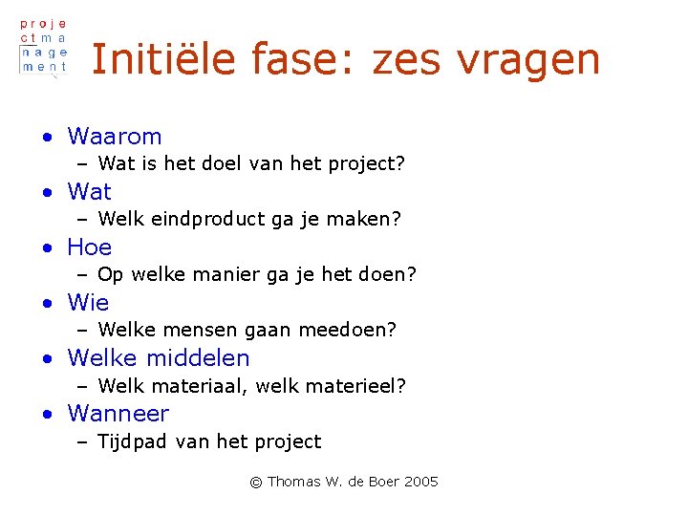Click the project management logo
44,46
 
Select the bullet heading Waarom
115,137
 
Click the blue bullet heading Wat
89,192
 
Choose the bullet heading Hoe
90,247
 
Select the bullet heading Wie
88,303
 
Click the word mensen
204,331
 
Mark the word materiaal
200,386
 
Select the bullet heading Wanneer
118,414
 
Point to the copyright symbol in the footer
255,483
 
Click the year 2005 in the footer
420,482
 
